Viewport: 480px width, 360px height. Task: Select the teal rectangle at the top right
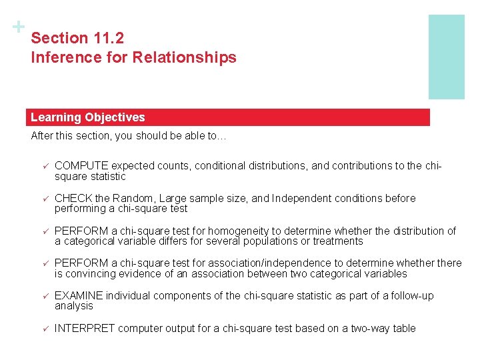[446, 57]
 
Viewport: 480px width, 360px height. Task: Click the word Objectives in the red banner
[115, 117]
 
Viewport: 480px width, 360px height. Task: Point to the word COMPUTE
[81, 166]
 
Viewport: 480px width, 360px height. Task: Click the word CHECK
[73, 199]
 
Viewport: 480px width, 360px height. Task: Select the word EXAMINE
[79, 296]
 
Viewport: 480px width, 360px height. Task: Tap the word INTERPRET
[85, 329]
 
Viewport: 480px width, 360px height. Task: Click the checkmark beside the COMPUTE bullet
[45, 166]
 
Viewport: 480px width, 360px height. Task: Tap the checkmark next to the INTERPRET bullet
[45, 329]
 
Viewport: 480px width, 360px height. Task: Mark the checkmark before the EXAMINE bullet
[45, 296]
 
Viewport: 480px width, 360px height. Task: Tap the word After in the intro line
[42, 136]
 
